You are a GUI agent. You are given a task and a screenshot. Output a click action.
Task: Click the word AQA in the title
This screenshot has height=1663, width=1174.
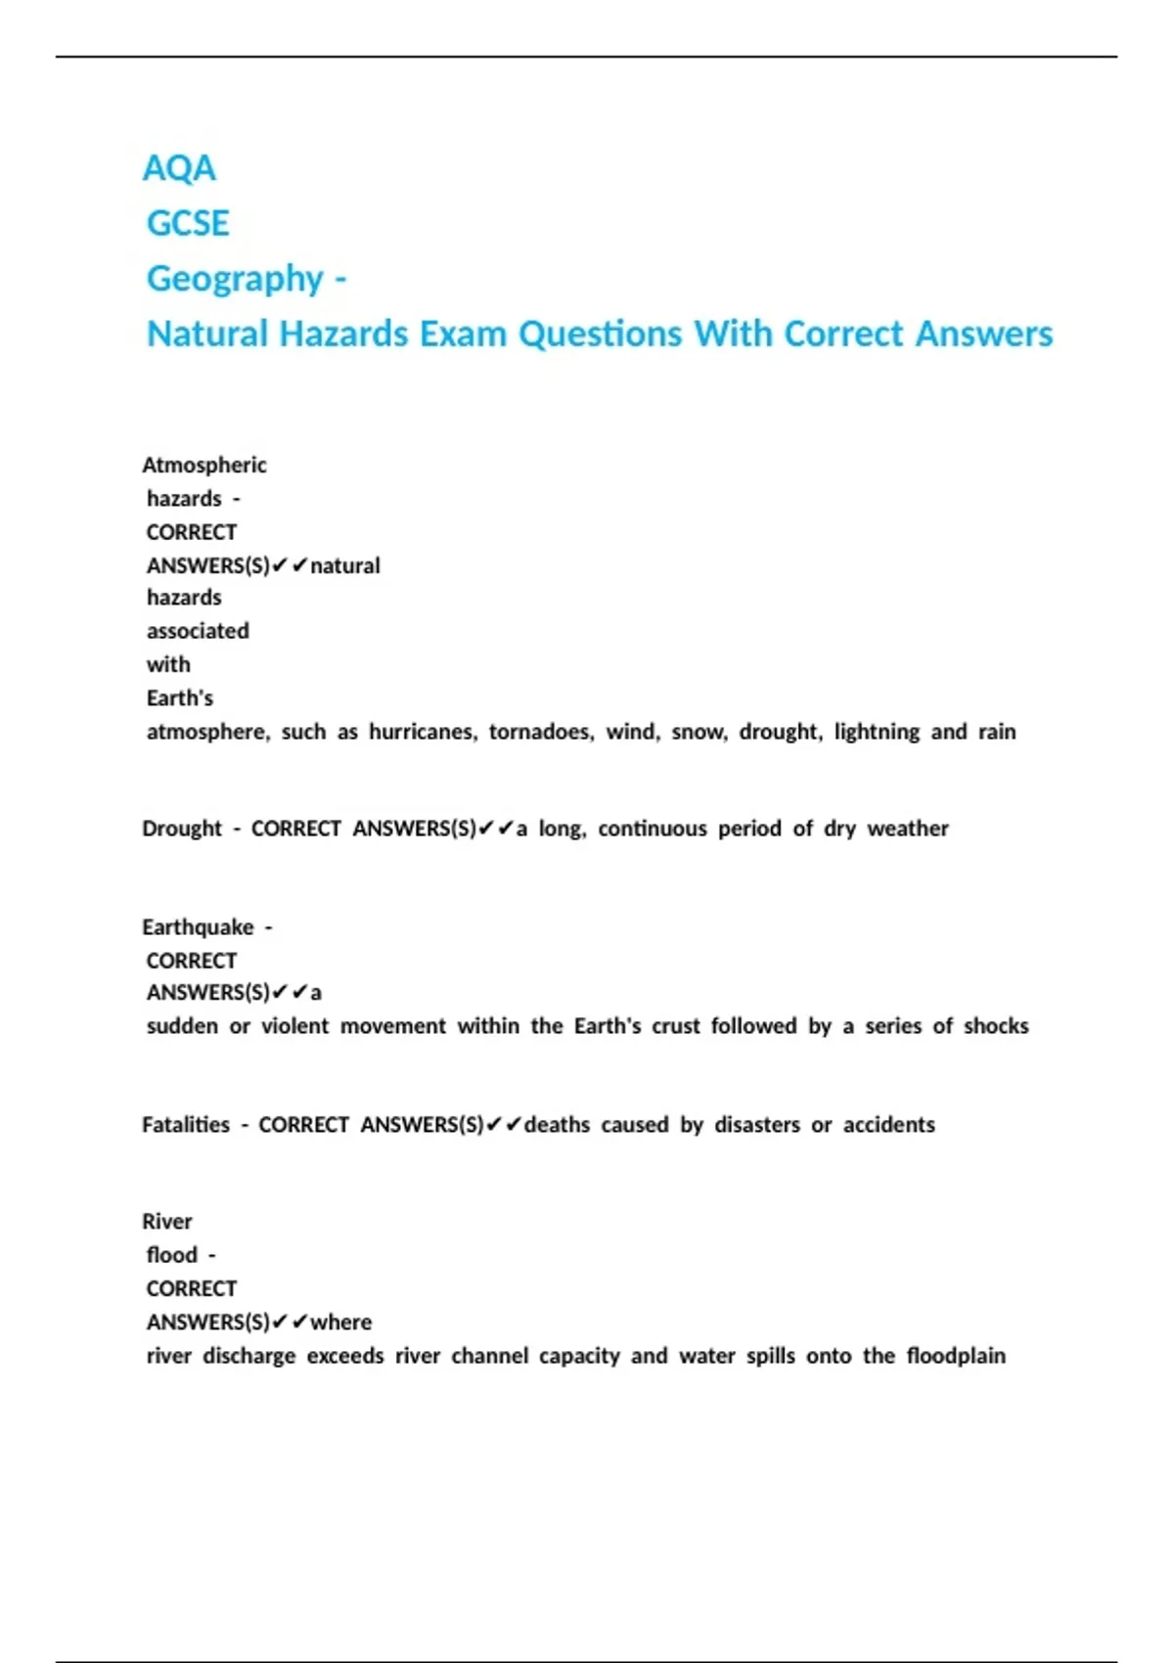point(179,168)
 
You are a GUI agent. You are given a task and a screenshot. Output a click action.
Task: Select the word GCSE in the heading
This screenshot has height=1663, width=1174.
point(188,224)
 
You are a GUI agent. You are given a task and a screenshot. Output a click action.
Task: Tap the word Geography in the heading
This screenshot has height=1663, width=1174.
point(235,279)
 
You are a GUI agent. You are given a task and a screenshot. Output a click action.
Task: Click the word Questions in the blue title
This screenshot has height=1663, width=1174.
point(600,335)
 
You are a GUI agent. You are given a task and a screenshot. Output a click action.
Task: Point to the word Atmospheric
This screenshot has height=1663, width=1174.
point(203,465)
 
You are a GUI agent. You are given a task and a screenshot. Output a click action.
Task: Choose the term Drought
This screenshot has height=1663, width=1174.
point(182,829)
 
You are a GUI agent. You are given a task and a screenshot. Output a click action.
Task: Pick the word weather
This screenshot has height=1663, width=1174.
point(908,829)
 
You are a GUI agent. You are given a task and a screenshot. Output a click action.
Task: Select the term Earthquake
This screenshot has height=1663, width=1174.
point(198,927)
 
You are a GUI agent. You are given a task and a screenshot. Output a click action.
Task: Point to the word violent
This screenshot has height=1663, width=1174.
point(294,1026)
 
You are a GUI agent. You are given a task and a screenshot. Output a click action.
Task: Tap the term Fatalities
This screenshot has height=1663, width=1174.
point(186,1125)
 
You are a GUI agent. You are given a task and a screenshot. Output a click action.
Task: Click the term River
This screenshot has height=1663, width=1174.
point(167,1222)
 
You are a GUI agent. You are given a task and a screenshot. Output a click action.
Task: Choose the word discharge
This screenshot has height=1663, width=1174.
point(248,1356)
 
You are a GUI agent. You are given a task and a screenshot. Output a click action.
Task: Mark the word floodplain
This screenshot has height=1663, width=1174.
point(956,1356)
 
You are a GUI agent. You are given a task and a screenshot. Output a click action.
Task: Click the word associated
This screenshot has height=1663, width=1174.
point(198,631)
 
